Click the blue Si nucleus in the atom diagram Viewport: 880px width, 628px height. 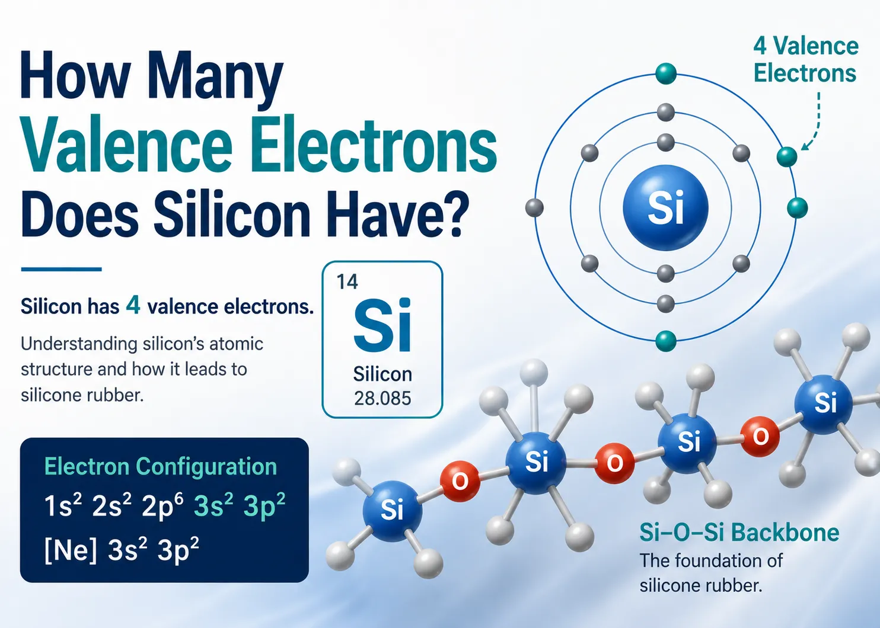(665, 207)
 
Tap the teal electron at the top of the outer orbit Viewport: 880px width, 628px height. (666, 73)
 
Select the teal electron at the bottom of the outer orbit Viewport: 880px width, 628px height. (666, 341)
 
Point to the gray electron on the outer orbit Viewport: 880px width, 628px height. (534, 207)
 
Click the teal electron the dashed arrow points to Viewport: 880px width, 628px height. (787, 157)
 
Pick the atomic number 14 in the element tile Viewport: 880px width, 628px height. (347, 281)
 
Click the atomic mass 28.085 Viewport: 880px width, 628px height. (382, 398)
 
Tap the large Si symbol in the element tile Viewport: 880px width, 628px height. (382, 325)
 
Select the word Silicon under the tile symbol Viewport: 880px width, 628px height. (382, 374)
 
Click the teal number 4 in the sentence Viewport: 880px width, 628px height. (133, 305)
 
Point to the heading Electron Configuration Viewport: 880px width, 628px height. (160, 466)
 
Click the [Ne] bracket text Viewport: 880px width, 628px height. (71, 550)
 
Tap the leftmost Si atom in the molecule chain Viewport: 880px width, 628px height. (392, 510)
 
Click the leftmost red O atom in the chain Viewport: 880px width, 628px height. (460, 481)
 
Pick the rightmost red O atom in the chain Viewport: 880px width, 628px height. (760, 437)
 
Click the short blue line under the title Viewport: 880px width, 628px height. (61, 269)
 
